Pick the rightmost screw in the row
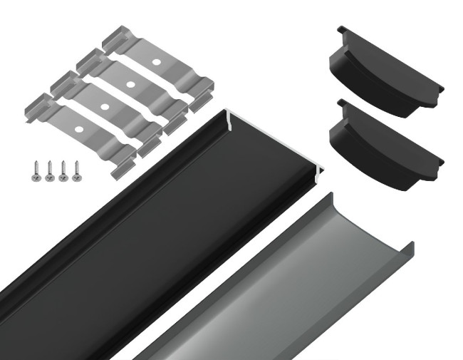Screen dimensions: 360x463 click(x=76, y=172)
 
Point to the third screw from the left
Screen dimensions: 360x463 click(x=63, y=172)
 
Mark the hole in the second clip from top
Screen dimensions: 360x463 click(x=130, y=85)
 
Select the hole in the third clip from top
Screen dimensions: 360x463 click(x=105, y=108)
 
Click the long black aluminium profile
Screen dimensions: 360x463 click(x=142, y=235)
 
